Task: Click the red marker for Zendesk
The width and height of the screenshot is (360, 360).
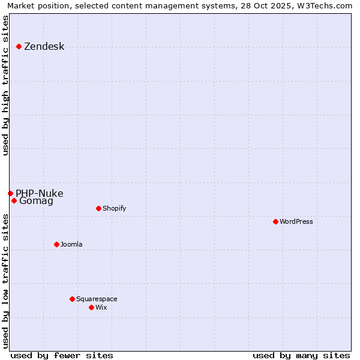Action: [19, 46]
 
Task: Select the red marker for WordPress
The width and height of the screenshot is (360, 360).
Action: [275, 221]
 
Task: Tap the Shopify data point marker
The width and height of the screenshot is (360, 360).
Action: [98, 208]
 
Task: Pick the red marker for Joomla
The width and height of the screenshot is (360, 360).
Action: [56, 244]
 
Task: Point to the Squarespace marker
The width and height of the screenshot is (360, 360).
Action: [72, 299]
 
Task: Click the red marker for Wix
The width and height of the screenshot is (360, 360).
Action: [91, 307]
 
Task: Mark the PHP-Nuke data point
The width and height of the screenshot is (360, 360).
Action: [10, 193]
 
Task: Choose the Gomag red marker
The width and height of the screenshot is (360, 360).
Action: [14, 200]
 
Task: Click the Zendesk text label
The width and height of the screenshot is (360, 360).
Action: [44, 47]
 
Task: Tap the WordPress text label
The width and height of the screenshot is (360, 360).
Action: [296, 221]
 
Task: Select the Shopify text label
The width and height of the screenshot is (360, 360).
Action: [114, 208]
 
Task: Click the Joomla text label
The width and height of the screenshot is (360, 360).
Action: [71, 244]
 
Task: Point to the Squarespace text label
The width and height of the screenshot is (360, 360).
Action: [97, 299]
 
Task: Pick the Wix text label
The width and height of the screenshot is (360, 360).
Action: [101, 307]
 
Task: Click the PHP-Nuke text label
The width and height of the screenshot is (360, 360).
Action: [39, 193]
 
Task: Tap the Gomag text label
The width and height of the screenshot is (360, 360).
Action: [36, 201]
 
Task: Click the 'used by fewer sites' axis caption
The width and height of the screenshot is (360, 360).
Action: [62, 355]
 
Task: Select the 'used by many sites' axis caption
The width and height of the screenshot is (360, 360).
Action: [301, 355]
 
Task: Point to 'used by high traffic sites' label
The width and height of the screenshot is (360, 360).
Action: [6, 85]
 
